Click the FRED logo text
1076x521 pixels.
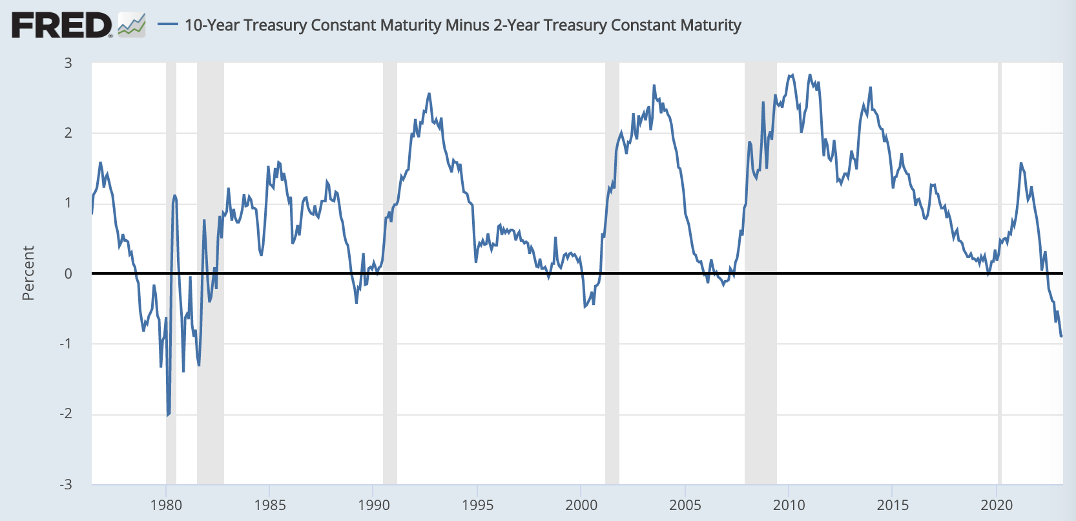click(x=61, y=25)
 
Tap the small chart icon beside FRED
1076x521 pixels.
click(x=132, y=25)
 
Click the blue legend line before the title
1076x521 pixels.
click(x=168, y=25)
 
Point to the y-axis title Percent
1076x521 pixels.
click(x=28, y=273)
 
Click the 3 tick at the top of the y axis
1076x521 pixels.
click(x=68, y=63)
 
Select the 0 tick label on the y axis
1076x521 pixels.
click(x=68, y=273)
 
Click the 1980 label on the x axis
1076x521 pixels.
click(x=166, y=505)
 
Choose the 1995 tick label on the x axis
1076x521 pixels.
click(x=477, y=505)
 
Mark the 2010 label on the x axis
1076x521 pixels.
click(x=789, y=505)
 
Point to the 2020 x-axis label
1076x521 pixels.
click(x=997, y=505)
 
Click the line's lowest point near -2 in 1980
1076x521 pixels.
click(x=167, y=415)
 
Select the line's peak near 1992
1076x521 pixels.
click(x=429, y=94)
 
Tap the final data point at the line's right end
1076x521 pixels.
click(x=1061, y=336)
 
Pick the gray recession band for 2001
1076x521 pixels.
click(x=612, y=388)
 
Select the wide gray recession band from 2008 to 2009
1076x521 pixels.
click(x=760, y=388)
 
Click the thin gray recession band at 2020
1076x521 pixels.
click(x=999, y=388)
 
